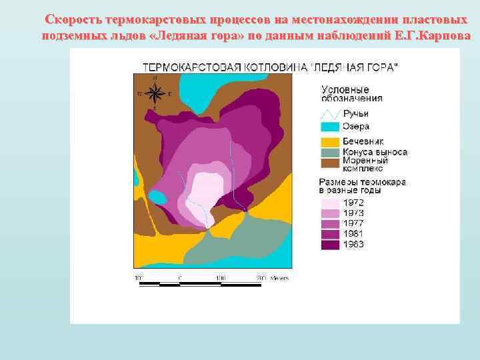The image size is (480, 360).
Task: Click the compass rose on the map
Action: [x=154, y=93]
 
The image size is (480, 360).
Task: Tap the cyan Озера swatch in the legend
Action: [x=330, y=127]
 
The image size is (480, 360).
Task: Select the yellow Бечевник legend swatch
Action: [x=330, y=142]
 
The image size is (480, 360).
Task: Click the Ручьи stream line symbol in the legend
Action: [x=330, y=114]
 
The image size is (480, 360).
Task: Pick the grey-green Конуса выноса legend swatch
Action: [x=330, y=151]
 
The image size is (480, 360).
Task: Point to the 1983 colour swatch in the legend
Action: [x=330, y=245]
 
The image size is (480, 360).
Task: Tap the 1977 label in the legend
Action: [x=353, y=223]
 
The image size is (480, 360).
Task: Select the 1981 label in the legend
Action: [x=353, y=234]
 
